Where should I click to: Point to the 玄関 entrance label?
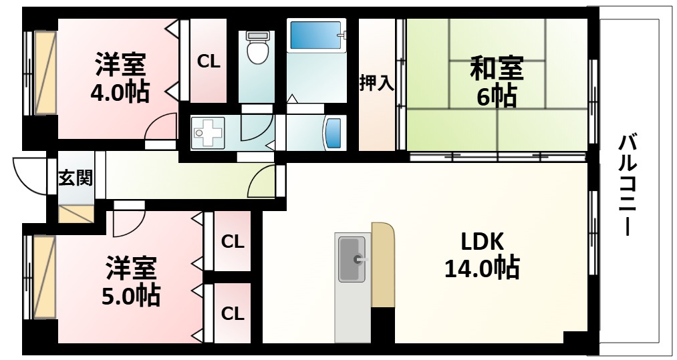(74, 178)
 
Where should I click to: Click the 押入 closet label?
(376, 83)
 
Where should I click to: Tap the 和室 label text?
(496, 69)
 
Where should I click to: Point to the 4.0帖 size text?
(120, 92)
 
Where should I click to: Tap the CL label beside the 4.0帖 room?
(208, 62)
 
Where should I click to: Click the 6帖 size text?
(496, 98)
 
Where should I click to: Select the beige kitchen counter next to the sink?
(383, 264)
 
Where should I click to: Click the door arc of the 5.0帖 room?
(126, 224)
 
